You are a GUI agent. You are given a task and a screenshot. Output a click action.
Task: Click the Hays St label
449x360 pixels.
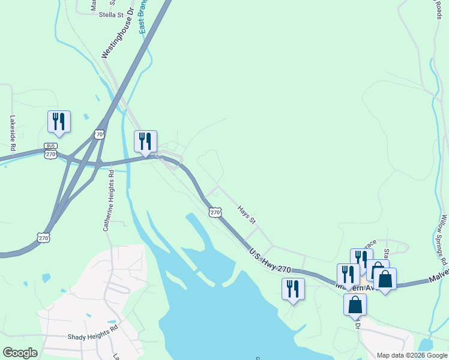247,215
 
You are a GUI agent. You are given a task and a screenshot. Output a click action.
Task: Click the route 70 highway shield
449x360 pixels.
100,134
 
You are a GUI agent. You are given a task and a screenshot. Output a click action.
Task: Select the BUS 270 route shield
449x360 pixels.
50,151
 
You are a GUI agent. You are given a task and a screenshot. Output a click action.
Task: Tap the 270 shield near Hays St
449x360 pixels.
215,212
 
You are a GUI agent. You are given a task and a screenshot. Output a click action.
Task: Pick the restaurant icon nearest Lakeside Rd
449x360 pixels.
59,121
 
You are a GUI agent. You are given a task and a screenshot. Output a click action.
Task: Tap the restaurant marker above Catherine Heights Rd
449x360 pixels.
145,141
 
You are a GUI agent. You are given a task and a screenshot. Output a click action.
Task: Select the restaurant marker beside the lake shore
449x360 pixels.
293,289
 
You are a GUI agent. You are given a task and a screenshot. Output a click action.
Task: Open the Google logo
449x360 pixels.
20,353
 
